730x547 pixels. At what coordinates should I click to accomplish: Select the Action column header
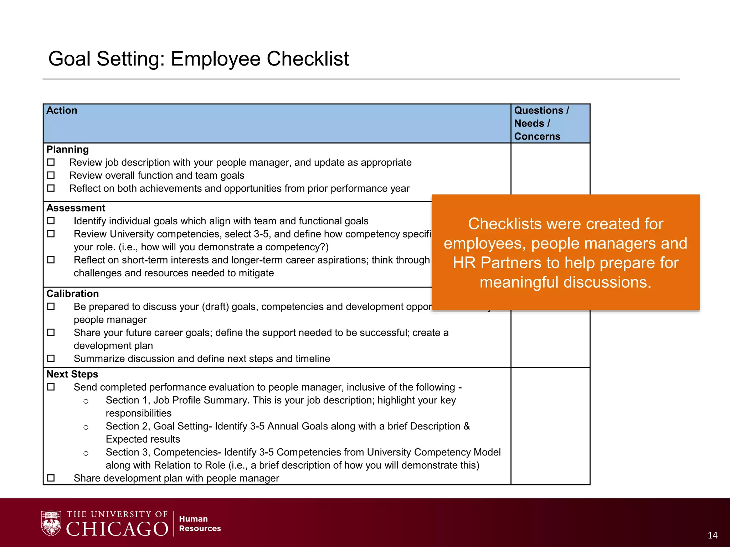pyautogui.click(x=62, y=111)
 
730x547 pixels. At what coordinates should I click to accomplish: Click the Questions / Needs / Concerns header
pyautogui.click(x=541, y=123)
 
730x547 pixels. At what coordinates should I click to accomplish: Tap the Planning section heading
pyautogui.click(x=67, y=150)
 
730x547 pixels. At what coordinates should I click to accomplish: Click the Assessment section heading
pyautogui.click(x=76, y=208)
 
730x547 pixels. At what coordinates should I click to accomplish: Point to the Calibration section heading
pyautogui.click(x=72, y=294)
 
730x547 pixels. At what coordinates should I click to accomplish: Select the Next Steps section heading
pyautogui.click(x=72, y=374)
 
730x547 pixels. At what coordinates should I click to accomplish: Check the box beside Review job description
pyautogui.click(x=51, y=162)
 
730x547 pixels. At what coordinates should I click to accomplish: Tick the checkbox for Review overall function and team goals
pyautogui.click(x=51, y=175)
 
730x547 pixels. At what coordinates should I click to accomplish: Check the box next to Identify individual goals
pyautogui.click(x=51, y=221)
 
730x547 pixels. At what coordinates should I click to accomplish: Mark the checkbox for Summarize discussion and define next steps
pyautogui.click(x=51, y=358)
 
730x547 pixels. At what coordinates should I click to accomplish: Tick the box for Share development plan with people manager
pyautogui.click(x=51, y=478)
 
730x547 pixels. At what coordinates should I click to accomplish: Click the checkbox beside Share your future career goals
pyautogui.click(x=51, y=332)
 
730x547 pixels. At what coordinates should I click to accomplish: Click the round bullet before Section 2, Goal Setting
pyautogui.click(x=86, y=427)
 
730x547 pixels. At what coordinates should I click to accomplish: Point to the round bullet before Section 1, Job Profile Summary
pyautogui.click(x=86, y=401)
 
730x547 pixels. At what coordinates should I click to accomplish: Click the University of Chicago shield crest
pyautogui.click(x=51, y=523)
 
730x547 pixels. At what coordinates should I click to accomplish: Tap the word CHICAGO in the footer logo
pyautogui.click(x=117, y=529)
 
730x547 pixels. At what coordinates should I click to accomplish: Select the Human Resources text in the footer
pyautogui.click(x=200, y=523)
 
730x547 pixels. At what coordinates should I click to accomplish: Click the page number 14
pyautogui.click(x=712, y=536)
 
